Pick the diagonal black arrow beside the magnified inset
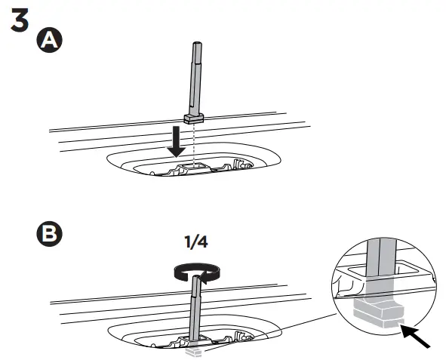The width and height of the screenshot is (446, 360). [x=417, y=337]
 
